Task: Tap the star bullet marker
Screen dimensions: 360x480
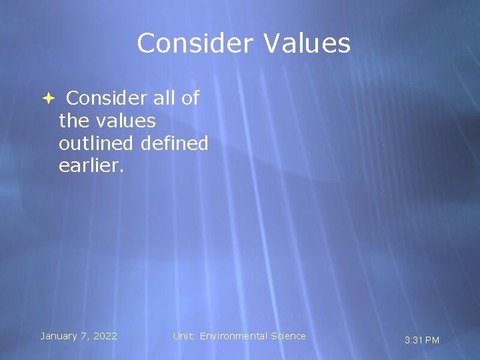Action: click(x=48, y=99)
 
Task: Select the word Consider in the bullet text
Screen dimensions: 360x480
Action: click(x=106, y=99)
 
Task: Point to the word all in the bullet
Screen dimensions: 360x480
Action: click(x=164, y=99)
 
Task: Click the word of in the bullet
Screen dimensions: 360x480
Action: click(x=190, y=99)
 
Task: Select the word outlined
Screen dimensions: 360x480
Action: click(x=97, y=143)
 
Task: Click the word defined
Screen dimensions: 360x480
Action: click(x=175, y=143)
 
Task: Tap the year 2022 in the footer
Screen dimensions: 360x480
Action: click(x=105, y=336)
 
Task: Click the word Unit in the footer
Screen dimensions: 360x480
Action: click(x=183, y=336)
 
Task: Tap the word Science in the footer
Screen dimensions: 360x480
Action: click(x=288, y=336)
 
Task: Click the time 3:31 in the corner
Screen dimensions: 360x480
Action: click(x=413, y=340)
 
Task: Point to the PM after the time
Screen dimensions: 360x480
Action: click(x=432, y=340)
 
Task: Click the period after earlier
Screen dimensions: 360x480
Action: click(x=122, y=170)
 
